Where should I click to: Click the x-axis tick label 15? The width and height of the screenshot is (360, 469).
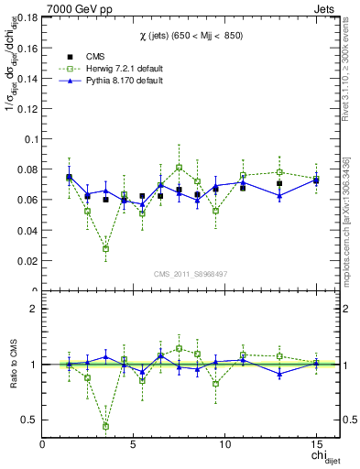click(x=315, y=443)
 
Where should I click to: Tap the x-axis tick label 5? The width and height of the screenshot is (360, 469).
click(x=134, y=443)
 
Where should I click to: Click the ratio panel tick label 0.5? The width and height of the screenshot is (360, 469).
click(x=28, y=420)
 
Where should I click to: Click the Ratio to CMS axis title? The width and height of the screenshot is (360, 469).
click(x=12, y=365)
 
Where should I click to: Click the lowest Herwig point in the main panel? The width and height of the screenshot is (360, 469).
click(x=105, y=248)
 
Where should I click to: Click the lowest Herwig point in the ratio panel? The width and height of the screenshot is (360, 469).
click(x=105, y=426)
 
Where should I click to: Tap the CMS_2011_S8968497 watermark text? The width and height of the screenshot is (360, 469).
click(x=190, y=274)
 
